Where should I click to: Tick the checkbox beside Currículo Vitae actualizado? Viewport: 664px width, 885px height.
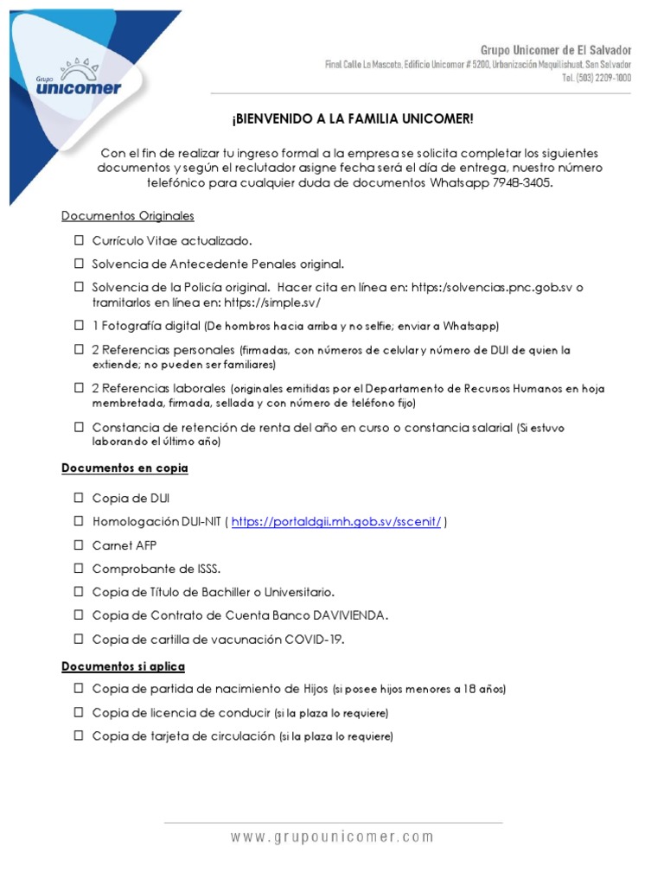[x=78, y=240]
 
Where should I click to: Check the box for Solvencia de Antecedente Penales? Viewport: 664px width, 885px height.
[x=78, y=264]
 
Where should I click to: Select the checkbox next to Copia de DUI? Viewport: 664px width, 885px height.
[x=78, y=498]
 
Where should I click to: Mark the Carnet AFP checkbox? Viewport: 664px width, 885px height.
[x=78, y=545]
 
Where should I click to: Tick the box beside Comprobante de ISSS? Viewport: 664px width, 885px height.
[x=78, y=569]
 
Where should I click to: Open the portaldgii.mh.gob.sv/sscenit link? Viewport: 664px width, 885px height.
[x=336, y=522]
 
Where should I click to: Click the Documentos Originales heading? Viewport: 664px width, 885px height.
[x=128, y=216]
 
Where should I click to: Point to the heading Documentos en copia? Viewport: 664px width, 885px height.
[x=124, y=468]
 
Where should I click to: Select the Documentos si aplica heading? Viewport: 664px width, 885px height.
[x=123, y=666]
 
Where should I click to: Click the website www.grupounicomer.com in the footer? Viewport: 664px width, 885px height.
[x=332, y=837]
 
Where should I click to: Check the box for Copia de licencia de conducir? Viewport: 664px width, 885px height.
[x=78, y=713]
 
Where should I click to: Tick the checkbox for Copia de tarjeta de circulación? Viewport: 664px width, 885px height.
[x=78, y=736]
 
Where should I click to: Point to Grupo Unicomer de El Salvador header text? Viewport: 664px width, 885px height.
[x=556, y=50]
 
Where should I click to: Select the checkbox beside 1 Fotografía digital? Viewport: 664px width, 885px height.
[x=78, y=326]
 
